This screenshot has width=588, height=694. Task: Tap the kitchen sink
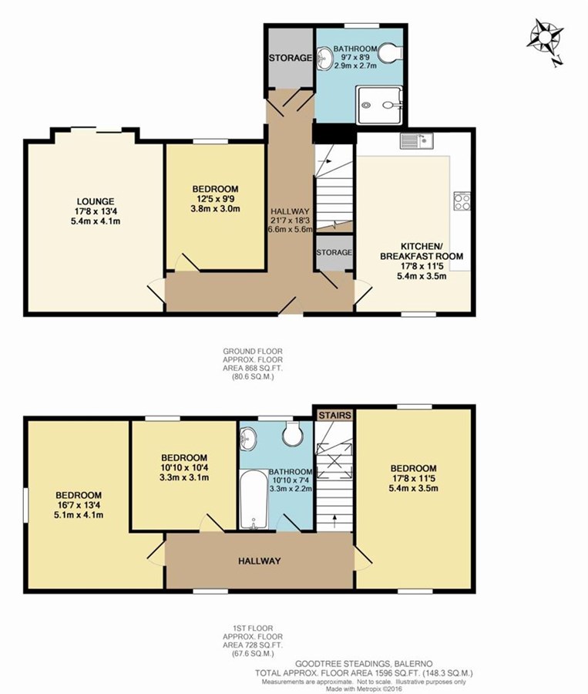tap(417, 141)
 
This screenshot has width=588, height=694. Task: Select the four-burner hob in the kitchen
tap(462, 201)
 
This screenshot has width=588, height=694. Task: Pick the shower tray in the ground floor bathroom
tap(379, 105)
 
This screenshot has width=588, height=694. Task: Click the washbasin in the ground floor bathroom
tap(324, 58)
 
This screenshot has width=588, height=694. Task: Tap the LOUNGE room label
tap(95, 201)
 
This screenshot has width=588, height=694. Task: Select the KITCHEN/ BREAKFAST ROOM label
tap(422, 251)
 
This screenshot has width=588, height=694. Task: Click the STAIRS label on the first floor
tap(335, 415)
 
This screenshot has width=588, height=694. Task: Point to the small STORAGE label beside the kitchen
tap(334, 252)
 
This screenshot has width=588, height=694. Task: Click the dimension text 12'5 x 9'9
tap(215, 199)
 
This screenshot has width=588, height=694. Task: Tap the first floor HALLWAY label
tap(259, 561)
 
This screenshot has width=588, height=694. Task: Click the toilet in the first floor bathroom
tap(292, 433)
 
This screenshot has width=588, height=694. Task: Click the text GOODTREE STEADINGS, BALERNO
tap(364, 663)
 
